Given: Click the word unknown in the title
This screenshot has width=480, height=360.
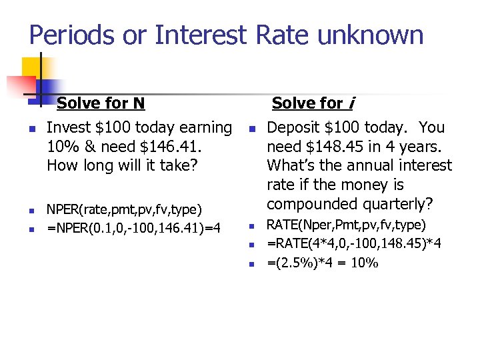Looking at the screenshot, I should [x=371, y=35].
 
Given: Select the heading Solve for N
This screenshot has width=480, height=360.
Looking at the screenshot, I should [x=101, y=103].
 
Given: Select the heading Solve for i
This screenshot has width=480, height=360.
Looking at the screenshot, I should [x=313, y=103].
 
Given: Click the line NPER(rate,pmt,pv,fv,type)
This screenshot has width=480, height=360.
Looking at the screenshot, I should [x=124, y=211].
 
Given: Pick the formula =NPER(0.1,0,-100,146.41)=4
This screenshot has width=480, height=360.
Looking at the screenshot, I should [x=133, y=229].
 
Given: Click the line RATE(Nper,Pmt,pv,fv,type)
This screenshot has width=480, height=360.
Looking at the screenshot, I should [x=346, y=225].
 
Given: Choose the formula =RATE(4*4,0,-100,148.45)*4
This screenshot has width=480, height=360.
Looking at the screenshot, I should [x=354, y=244].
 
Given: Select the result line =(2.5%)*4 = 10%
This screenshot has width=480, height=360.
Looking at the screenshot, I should [x=323, y=263].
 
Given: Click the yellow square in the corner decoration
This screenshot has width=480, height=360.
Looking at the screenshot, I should [x=31, y=67].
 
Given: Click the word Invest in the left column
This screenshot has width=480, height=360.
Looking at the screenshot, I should [x=68, y=127].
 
